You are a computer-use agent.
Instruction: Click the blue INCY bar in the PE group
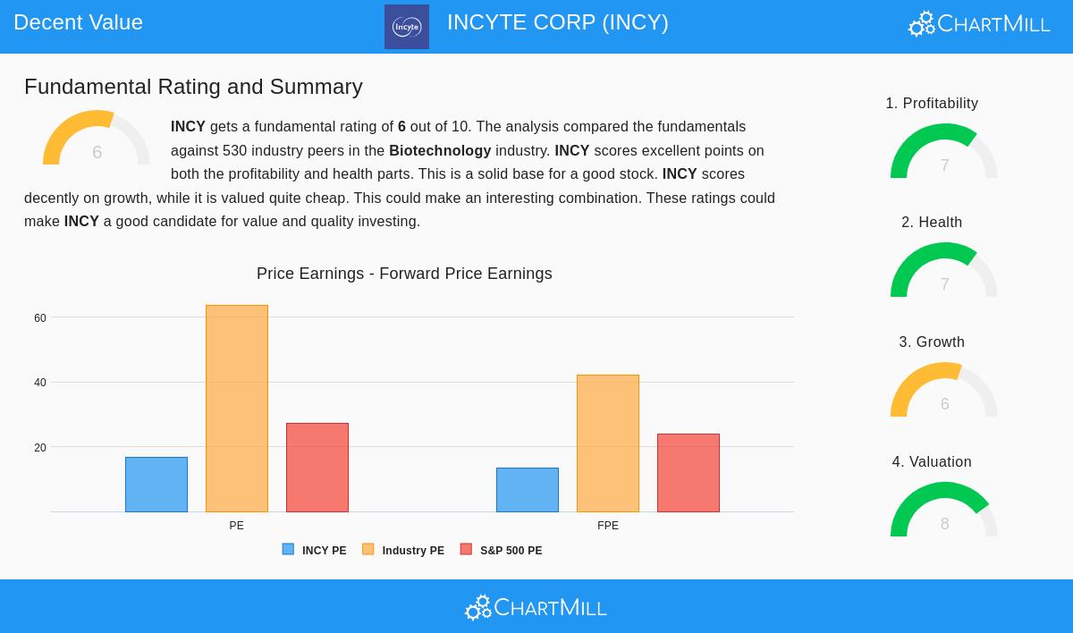[x=156, y=485]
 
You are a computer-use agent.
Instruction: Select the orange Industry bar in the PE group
[x=237, y=409]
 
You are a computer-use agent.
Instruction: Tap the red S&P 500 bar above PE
[x=317, y=468]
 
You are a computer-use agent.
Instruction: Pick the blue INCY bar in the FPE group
[x=528, y=490]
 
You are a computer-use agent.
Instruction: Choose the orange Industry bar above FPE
[x=608, y=443]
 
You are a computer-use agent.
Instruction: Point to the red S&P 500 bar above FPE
[x=689, y=473]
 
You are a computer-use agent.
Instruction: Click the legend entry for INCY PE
[x=314, y=550]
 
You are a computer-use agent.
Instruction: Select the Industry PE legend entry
[x=403, y=550]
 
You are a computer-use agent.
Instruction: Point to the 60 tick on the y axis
[x=40, y=318]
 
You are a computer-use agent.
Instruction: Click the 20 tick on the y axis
[x=40, y=448]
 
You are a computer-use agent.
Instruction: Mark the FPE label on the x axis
[x=608, y=526]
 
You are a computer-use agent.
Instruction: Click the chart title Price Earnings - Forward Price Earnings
[x=404, y=274]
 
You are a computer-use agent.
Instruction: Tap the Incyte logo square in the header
[x=407, y=27]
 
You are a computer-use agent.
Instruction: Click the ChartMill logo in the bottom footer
[x=536, y=607]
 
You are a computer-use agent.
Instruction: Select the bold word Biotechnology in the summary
[x=440, y=151]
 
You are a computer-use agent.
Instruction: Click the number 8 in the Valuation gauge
[x=944, y=524]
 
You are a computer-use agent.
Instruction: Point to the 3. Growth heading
[x=932, y=342]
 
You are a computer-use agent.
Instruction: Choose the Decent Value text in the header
[x=78, y=22]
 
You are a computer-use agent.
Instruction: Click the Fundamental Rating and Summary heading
[x=193, y=87]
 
